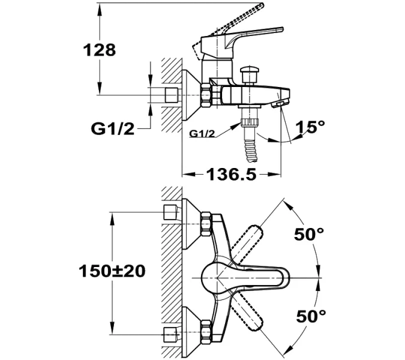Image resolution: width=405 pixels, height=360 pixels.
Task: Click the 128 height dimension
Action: (99, 50)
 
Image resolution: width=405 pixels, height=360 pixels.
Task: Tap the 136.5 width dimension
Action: (231, 175)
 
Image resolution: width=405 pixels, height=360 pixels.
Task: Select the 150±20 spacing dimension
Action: (112, 271)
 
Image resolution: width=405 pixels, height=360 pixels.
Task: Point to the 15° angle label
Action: (310, 127)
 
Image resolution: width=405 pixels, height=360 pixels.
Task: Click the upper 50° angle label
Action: (309, 234)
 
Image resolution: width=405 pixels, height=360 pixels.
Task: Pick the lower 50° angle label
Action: (311, 316)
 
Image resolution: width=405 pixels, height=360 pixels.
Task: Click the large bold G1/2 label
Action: (113, 128)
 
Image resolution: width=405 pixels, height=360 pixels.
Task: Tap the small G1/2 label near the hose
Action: (202, 134)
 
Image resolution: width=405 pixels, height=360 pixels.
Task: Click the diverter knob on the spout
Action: (249, 74)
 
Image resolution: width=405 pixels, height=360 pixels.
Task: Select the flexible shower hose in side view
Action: (251, 151)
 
